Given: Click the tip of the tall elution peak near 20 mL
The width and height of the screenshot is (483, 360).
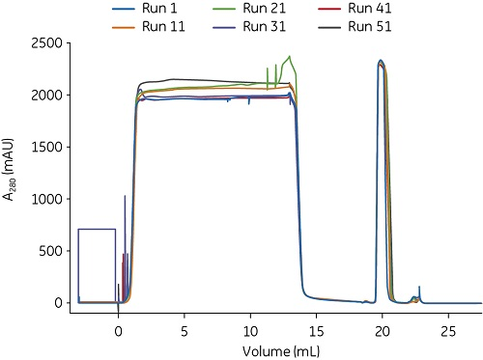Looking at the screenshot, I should point(382,61).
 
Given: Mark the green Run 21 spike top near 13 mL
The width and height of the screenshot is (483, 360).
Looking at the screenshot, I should point(290,56).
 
